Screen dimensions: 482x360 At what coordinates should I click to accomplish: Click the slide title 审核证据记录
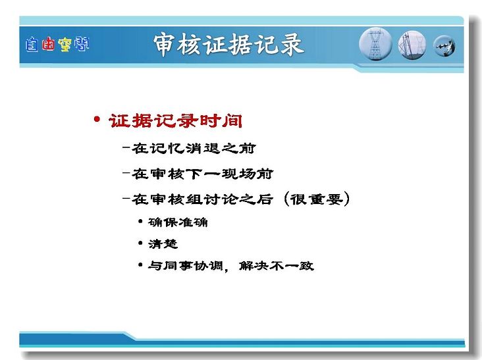228,45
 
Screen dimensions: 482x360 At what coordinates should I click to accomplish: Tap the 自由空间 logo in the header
57,44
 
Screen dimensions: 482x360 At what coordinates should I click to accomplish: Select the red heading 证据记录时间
176,120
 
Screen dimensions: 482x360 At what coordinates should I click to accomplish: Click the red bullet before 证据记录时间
97,119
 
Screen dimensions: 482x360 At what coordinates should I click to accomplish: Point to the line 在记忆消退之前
194,149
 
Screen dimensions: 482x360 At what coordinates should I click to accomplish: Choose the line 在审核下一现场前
203,174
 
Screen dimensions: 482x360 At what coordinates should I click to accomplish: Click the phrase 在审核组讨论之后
203,199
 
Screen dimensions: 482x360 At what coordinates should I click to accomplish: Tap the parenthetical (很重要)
317,199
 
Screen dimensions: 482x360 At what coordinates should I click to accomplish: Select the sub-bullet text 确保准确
178,222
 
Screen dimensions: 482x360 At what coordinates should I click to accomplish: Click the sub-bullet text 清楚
163,244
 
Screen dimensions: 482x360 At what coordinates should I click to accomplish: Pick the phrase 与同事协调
186,266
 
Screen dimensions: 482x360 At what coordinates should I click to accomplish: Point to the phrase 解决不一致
277,266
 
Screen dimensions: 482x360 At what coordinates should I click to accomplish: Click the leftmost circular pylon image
375,44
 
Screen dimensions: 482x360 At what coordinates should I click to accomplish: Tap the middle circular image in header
412,45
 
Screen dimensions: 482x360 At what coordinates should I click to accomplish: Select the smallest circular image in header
444,46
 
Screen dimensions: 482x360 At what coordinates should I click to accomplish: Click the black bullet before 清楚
140,244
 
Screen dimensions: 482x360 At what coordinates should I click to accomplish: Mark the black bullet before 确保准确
140,221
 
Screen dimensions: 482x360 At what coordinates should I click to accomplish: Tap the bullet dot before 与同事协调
140,265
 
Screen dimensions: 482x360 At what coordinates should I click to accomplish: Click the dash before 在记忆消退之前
126,147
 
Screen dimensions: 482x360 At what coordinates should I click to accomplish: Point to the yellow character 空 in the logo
65,45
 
